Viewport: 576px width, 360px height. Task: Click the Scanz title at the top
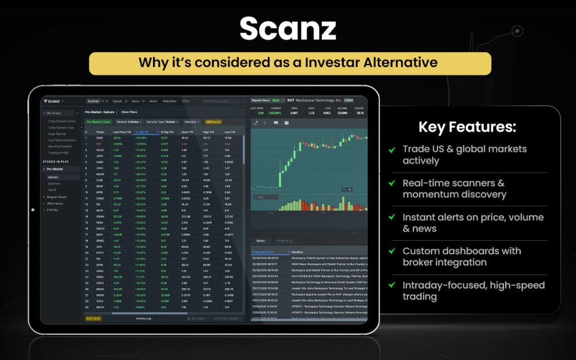coord(287,28)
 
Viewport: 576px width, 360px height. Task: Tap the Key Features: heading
coord(467,127)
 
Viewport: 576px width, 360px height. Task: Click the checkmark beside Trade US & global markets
coord(391,150)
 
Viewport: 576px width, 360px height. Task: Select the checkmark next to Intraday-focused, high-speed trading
coord(391,285)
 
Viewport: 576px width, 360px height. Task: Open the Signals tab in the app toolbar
coord(117,101)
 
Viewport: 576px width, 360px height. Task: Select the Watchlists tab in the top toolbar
coord(169,101)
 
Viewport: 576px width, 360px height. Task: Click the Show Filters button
coord(129,112)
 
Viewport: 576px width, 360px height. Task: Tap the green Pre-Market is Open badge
coord(98,121)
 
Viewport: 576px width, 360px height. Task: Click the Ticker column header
coord(100,132)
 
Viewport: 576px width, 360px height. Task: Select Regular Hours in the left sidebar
coord(57,197)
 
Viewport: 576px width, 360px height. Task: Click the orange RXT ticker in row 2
coord(100,143)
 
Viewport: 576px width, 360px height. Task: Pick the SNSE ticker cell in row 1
coord(100,138)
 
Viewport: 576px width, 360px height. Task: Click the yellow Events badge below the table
coord(92,318)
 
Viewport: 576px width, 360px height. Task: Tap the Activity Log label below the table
coord(144,318)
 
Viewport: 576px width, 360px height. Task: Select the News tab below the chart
coord(260,241)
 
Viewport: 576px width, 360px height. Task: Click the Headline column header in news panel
coord(298,252)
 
